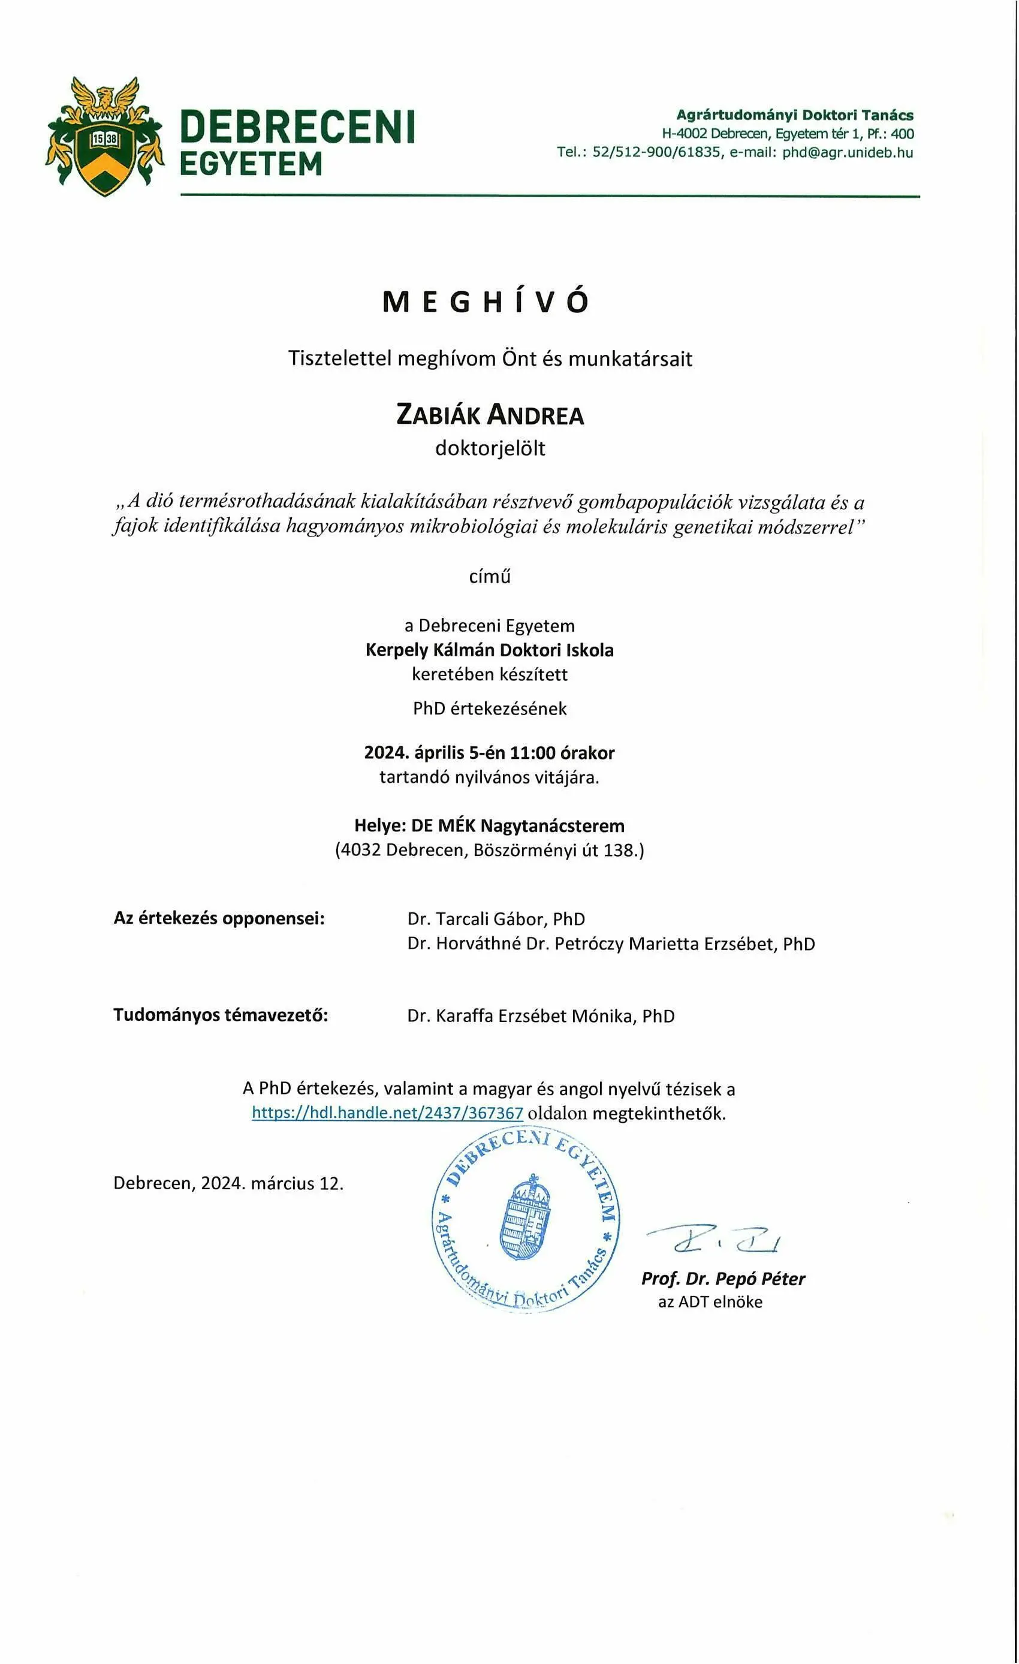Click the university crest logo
coord(105,137)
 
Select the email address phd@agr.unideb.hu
coord(848,153)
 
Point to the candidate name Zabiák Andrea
coord(490,415)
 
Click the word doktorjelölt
coord(490,448)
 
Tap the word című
coord(490,576)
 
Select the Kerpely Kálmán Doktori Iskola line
coord(490,650)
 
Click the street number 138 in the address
coord(620,849)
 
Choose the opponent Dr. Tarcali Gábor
coord(483,919)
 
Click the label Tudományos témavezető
coord(220,1015)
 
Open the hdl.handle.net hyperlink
coord(387,1113)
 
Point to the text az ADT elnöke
coord(710,1302)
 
